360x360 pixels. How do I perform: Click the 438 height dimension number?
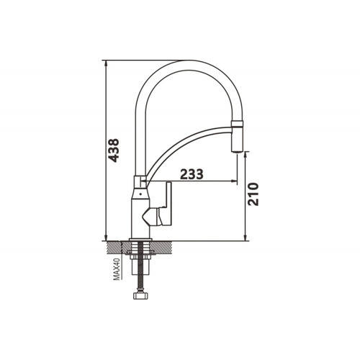coord(113,150)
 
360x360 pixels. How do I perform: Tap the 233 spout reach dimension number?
coord(192,174)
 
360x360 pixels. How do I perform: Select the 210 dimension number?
coord(253,194)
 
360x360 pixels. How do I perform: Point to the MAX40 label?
coord(117,269)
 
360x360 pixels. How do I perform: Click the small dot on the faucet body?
coord(140,194)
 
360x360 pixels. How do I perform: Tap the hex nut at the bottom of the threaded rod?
coord(140,295)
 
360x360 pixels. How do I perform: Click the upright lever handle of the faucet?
coord(168,204)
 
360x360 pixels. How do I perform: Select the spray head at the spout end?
coord(238,136)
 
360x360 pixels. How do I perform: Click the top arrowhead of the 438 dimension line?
coord(106,63)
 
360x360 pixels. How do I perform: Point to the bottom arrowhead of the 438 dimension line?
coord(106,237)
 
